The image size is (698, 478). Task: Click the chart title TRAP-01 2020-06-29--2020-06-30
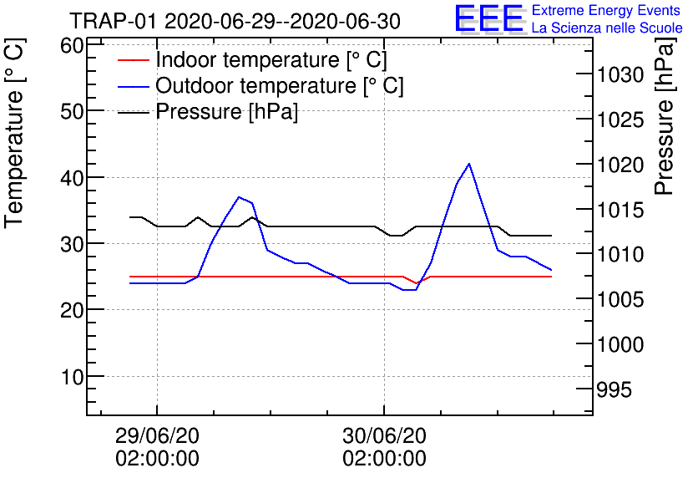coord(235,20)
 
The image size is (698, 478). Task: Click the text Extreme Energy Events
coord(606,11)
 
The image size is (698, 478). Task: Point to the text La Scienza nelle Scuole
coord(606,28)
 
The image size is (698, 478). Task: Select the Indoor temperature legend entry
coord(271,60)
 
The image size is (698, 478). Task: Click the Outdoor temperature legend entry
coord(279,85)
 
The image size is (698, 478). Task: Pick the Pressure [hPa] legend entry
coord(226,111)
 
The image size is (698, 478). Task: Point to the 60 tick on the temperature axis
coord(72,45)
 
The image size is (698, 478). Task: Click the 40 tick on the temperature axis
coord(72,177)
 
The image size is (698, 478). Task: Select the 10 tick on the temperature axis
coord(72,376)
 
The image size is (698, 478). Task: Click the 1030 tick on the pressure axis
coord(620,76)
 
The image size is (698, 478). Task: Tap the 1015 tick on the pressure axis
coord(620,211)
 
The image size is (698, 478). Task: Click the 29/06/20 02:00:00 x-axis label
coord(157,446)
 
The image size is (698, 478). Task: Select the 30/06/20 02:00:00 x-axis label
coord(384,446)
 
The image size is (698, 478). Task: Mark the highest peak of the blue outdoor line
coord(469,164)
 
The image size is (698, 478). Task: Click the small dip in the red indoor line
coord(417,283)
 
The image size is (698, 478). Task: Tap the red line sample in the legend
coord(134,61)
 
